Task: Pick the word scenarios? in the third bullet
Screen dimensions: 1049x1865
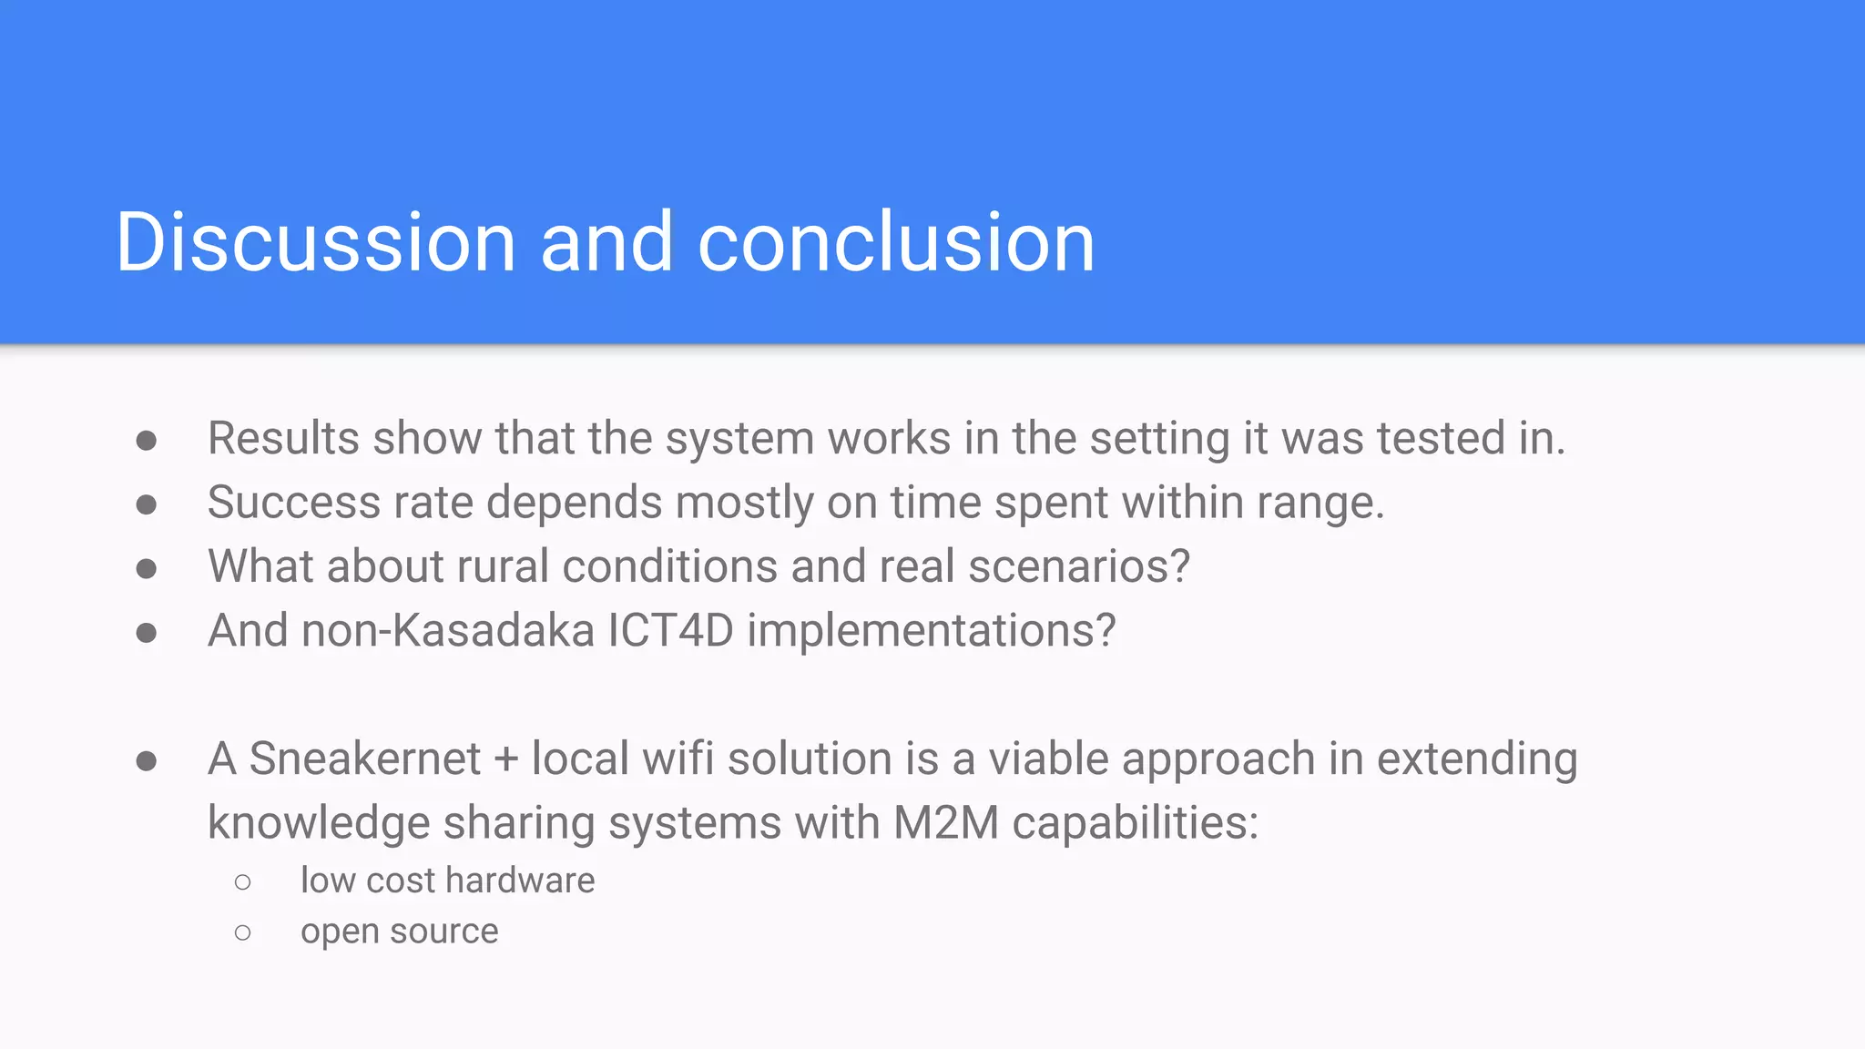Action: tap(1079, 566)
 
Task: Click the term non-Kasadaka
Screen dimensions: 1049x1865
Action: tap(447, 630)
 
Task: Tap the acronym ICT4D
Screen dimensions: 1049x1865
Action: tap(670, 630)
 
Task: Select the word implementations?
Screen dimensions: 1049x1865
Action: tap(931, 630)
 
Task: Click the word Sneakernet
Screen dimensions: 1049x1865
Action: tap(364, 759)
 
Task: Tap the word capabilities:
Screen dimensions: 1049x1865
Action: tap(1135, 823)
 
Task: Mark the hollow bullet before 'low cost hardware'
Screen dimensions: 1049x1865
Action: tap(242, 881)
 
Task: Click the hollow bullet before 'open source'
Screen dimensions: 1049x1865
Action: tap(242, 932)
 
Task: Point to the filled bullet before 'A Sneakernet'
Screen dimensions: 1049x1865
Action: tap(146, 760)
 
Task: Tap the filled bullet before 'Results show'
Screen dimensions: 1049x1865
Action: tap(146, 441)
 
